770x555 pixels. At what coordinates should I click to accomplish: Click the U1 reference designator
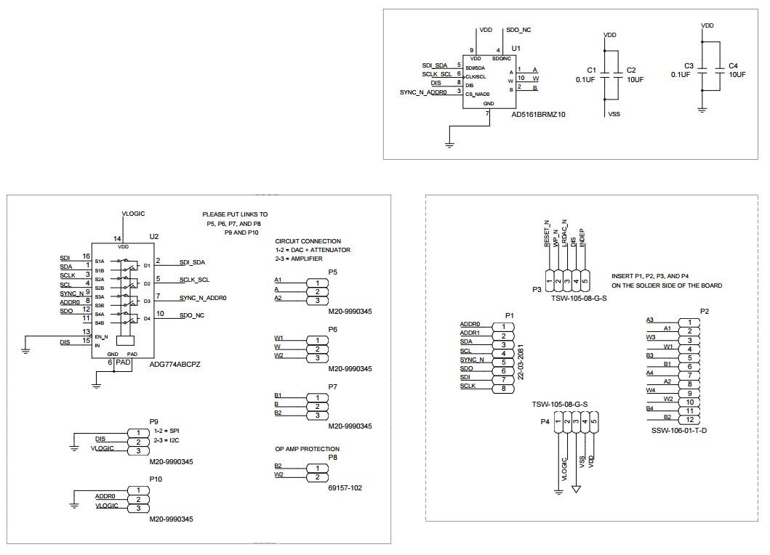(x=516, y=48)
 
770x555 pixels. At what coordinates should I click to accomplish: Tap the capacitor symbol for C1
(x=607, y=75)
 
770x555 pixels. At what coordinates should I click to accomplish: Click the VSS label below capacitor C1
(x=613, y=114)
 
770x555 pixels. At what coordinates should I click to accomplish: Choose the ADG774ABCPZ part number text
(x=175, y=364)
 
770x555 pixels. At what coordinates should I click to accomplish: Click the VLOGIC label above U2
(x=133, y=213)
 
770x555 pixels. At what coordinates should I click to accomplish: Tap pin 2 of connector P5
(x=317, y=291)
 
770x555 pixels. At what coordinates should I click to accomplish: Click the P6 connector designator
(x=332, y=329)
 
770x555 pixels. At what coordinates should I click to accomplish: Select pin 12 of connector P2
(x=688, y=418)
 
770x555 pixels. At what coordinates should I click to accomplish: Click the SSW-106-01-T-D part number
(x=679, y=431)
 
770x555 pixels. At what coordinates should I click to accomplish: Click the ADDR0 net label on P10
(x=107, y=495)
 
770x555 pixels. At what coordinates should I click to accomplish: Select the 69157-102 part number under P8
(x=345, y=487)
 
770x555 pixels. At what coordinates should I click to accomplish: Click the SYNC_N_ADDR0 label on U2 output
(x=203, y=297)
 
